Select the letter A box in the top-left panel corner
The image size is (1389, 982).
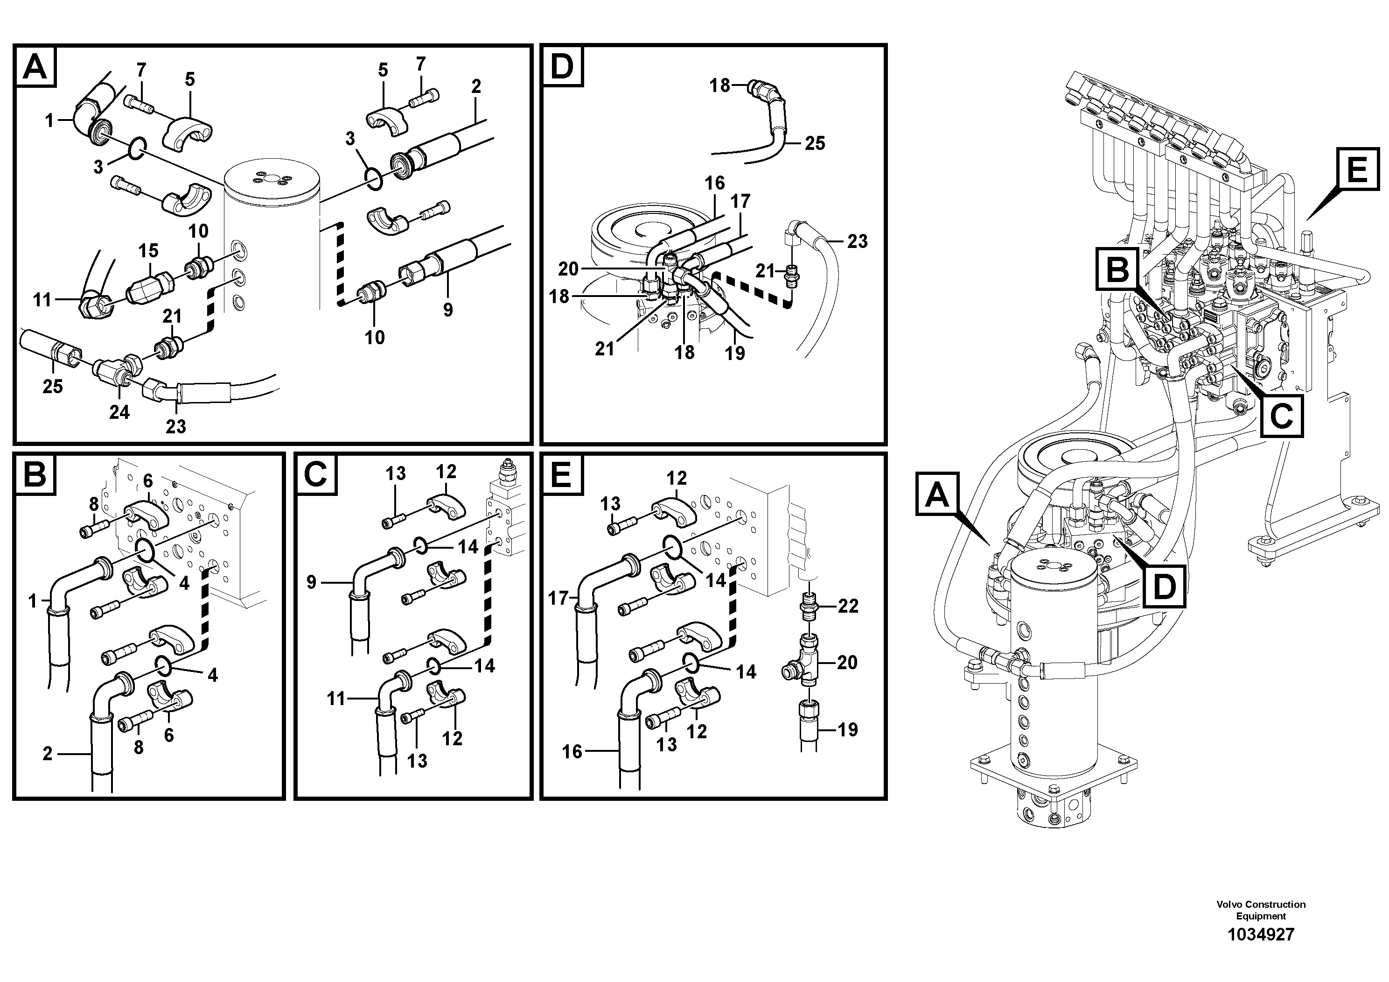[x=35, y=67]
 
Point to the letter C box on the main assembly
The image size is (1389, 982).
[x=1281, y=416]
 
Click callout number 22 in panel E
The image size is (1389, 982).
[x=848, y=606]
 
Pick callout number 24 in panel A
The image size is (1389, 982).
[x=119, y=412]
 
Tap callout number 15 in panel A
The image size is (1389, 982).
[x=148, y=251]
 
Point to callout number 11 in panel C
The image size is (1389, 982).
[x=336, y=699]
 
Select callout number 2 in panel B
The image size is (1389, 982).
[x=48, y=754]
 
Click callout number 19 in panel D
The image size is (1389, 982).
[x=734, y=353]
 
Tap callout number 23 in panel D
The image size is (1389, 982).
[x=857, y=241]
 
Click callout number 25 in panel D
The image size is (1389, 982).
[x=815, y=143]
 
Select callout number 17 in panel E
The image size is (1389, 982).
[x=558, y=599]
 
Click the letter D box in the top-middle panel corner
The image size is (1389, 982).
[x=561, y=67]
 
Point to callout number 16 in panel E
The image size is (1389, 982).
[x=572, y=751]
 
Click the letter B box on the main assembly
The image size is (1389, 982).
[x=1117, y=270]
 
